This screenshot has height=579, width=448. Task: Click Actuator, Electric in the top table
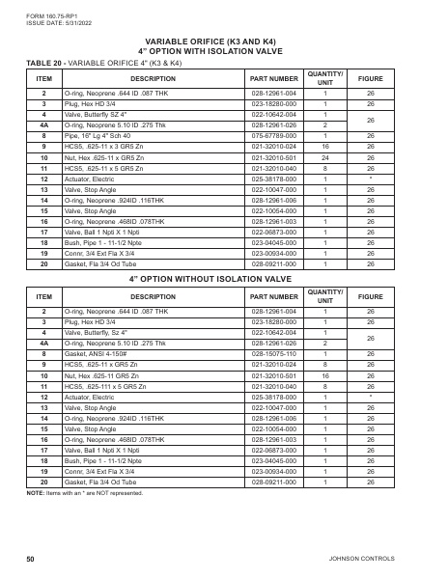click(x=95, y=179)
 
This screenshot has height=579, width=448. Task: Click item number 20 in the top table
click(x=43, y=264)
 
